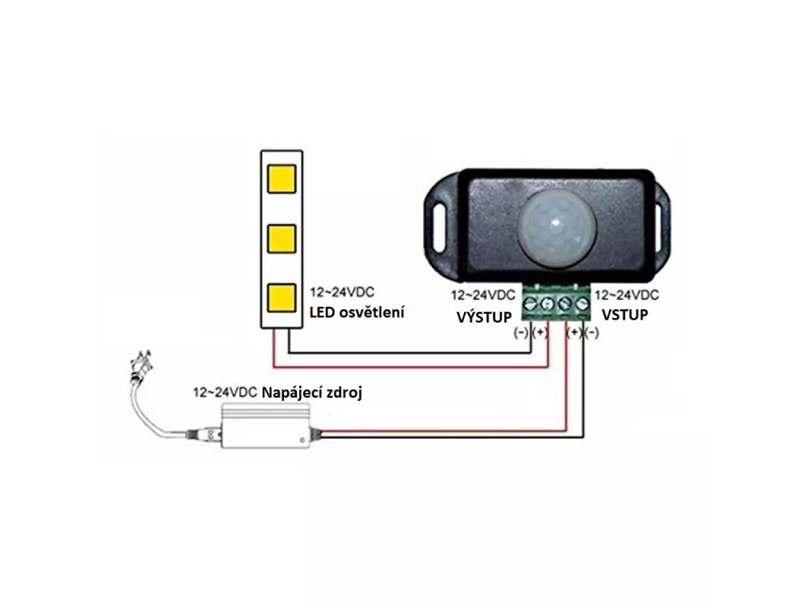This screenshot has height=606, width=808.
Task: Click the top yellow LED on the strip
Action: click(x=282, y=178)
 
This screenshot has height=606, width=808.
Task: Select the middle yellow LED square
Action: click(x=282, y=238)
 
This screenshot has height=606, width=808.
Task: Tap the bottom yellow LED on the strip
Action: click(x=282, y=297)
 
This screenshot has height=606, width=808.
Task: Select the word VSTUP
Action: click(x=625, y=316)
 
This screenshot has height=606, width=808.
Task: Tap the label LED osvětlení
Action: click(x=357, y=313)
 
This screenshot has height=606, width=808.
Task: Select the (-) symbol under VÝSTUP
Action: click(x=521, y=333)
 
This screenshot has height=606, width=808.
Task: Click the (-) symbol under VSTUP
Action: click(x=591, y=333)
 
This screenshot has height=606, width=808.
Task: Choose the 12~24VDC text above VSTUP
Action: click(x=626, y=296)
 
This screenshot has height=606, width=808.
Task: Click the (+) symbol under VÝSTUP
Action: click(x=540, y=333)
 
